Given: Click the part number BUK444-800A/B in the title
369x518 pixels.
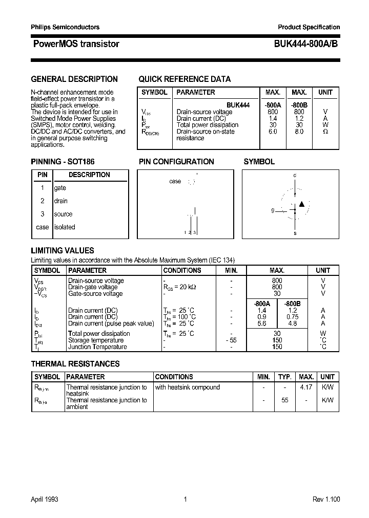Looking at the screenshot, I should pos(302,44).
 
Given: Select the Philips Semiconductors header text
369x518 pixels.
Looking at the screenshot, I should pos(65,27).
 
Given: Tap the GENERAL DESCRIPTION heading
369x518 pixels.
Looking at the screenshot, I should pos(74,79).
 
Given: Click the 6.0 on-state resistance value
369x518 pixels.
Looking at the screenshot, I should pos(272,132).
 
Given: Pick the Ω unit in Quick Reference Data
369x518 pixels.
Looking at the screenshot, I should pos(325,132).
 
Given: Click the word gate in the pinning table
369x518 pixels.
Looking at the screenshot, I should pos(60,188).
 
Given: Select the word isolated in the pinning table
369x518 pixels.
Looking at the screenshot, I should pos(65,227).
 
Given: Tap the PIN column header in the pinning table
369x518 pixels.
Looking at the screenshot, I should pos(43,175).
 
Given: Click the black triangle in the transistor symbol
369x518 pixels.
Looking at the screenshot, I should pos(302,204).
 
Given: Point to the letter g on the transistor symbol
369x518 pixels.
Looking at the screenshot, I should pos(273,210).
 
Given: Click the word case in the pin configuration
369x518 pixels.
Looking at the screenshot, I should pos(175,182).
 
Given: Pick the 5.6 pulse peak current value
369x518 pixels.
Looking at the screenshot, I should pos(261,323).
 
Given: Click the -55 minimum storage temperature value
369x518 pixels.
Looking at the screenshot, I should pos(231,340).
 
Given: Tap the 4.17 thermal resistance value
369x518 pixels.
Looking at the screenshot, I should pos(306,387).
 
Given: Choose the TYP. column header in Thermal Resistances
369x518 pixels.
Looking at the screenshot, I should pos(284,377).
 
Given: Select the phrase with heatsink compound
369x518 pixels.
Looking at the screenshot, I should pos(187,387).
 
